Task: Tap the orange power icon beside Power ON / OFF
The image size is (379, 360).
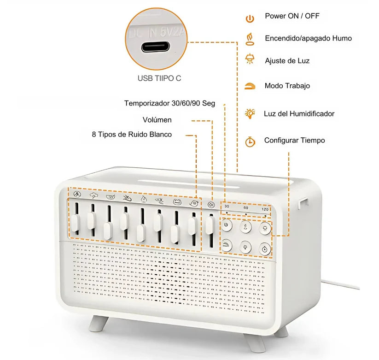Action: (x=250, y=18)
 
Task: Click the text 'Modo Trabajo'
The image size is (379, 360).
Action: (x=287, y=86)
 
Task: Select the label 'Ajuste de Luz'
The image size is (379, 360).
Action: (x=287, y=60)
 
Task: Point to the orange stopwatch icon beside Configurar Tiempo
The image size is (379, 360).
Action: (x=250, y=141)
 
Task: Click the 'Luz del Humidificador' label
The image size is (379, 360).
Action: (x=299, y=113)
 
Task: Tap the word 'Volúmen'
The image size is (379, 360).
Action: (x=157, y=120)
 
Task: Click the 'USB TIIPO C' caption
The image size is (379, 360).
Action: (x=159, y=78)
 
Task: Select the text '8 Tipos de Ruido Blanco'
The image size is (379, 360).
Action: (x=132, y=134)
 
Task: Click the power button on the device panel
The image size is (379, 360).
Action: (x=227, y=226)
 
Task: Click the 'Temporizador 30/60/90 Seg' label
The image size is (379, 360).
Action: (x=169, y=103)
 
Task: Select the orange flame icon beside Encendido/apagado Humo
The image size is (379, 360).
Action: (x=250, y=38)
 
